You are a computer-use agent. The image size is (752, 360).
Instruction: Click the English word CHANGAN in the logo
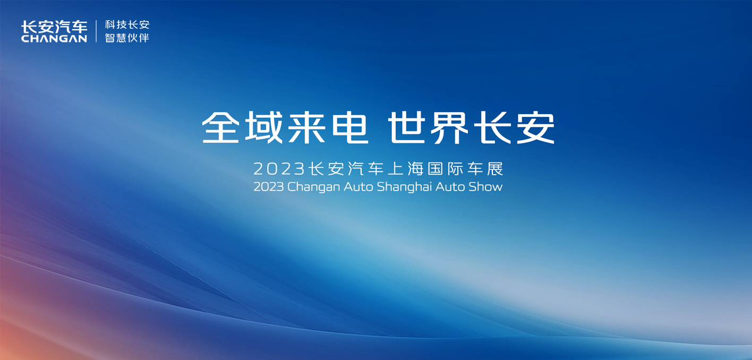[x=54, y=38]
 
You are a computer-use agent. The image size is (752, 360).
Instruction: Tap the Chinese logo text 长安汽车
[x=54, y=27]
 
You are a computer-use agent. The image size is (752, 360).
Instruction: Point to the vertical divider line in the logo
[x=96, y=31]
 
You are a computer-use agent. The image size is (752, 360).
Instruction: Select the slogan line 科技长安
[x=127, y=25]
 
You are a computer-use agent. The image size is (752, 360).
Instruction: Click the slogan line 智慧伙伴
[x=127, y=38]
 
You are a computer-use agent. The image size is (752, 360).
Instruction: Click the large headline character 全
[x=220, y=127]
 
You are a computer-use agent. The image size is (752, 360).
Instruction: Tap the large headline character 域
[x=264, y=127]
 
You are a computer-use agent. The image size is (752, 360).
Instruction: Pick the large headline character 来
[x=307, y=127]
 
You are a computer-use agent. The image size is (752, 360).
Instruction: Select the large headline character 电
[x=350, y=127]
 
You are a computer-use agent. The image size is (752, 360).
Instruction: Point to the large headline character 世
[x=407, y=127]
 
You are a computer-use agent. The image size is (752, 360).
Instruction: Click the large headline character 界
[x=450, y=128]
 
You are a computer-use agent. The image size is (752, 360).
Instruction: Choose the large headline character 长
[x=493, y=127]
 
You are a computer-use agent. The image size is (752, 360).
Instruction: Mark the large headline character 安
[x=536, y=127]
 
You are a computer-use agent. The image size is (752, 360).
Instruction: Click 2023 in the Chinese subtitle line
[x=279, y=169]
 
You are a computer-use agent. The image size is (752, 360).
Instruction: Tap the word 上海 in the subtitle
[x=406, y=169]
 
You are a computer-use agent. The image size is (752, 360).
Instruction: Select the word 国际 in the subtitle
[x=446, y=169]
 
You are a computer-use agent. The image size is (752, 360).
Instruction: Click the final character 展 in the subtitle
[x=495, y=169]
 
